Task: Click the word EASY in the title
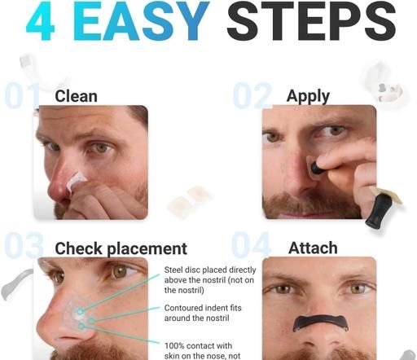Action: coord(141,21)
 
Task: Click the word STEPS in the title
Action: coord(311,21)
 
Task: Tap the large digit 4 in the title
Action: coord(41,21)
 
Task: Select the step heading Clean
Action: coord(76,96)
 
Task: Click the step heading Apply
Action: coord(308,97)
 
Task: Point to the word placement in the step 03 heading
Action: coord(147,249)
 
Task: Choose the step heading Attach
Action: coord(313,248)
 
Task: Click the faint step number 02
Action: coord(252,95)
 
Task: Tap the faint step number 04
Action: coord(251,245)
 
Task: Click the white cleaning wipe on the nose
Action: coord(76,180)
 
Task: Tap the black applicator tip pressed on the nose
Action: coord(316,168)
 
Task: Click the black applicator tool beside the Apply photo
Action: coord(380,209)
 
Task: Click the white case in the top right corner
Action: coord(382,83)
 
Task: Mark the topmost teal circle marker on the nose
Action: coord(80,311)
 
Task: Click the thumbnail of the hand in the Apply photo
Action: coord(323,162)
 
